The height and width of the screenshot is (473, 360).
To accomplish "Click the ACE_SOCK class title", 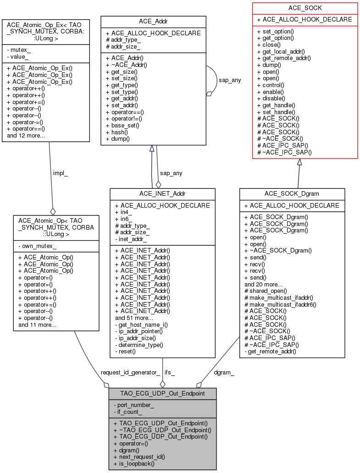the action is pos(305,8).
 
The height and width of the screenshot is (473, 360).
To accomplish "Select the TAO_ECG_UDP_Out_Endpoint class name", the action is pos(162,393).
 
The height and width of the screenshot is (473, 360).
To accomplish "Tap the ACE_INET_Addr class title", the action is pos(162,194).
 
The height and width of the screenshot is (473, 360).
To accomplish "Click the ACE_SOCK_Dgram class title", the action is pos(292,194).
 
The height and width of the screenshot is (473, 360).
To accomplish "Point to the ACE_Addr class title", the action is pos(153,22).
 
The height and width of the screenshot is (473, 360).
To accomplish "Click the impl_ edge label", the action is pos(61,173).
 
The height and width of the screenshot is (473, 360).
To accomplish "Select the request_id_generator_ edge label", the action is pos(130,373).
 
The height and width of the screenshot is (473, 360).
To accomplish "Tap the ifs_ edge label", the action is pos(170,373).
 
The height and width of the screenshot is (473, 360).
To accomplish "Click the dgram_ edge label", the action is pos(224,373).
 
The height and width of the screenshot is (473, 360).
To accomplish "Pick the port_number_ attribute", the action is pos(134,405).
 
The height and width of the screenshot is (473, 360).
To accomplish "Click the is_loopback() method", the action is pos(134,464).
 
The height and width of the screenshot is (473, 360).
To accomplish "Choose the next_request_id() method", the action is pos(139,457).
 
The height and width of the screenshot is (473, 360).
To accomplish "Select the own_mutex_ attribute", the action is pos(38,246).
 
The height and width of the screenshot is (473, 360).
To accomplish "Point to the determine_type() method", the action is pos(139,345).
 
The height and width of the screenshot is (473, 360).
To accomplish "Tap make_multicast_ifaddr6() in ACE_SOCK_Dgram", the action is pos(280,304).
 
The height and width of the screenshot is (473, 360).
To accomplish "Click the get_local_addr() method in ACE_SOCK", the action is pos(281,52).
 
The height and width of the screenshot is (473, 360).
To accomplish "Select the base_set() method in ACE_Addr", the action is pos(122,126).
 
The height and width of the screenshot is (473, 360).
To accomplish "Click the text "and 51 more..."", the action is pos(134,318).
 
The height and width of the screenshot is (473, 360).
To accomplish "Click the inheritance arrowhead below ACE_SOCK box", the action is pos(299,162).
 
